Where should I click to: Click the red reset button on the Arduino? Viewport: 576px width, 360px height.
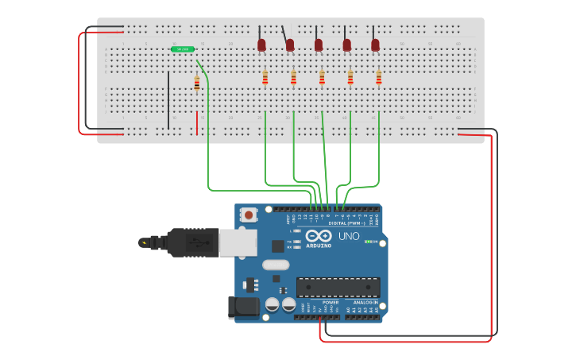[249, 215]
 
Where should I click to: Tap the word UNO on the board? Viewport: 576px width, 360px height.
[349, 237]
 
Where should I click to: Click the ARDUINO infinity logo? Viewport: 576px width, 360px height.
[319, 237]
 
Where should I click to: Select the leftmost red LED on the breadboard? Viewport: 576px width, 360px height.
[261, 45]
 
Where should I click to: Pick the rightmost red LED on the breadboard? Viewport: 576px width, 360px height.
[375, 45]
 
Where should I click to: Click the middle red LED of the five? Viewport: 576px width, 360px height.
[319, 45]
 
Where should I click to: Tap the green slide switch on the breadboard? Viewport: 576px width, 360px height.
[183, 49]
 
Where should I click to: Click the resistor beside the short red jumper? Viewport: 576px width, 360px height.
[197, 83]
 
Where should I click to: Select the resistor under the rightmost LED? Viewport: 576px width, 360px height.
[379, 77]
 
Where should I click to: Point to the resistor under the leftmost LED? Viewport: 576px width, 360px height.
[265, 77]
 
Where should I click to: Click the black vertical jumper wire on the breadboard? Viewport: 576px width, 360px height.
[168, 99]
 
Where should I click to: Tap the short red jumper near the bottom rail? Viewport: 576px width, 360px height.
[197, 122]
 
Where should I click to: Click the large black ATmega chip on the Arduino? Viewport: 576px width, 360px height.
[338, 287]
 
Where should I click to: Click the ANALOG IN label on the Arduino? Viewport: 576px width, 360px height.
[365, 303]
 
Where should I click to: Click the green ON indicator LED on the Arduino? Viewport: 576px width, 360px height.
[369, 242]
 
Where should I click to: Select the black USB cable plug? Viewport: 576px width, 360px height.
[191, 243]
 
